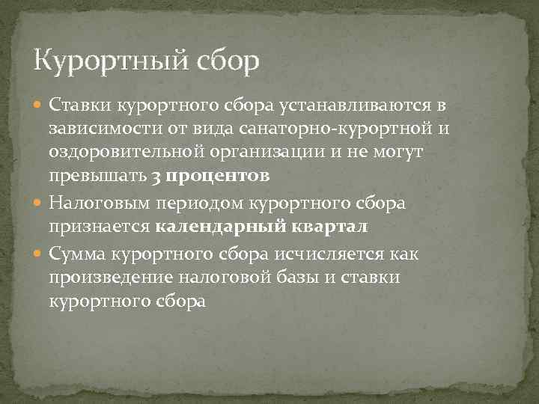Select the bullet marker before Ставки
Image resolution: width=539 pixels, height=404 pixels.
click(40, 104)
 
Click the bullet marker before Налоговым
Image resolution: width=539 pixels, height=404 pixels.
click(40, 202)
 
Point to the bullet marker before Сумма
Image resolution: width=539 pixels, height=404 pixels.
click(40, 254)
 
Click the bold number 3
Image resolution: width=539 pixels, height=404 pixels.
click(155, 177)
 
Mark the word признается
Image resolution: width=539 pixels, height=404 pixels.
click(100, 227)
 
